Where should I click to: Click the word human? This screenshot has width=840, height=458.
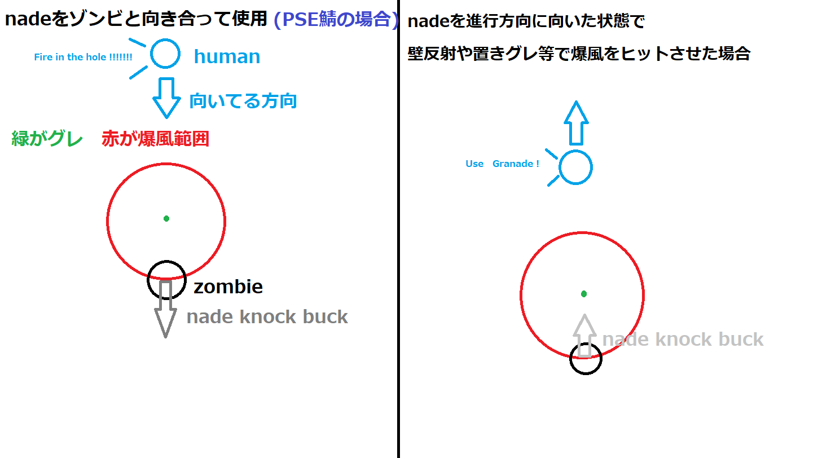(x=227, y=56)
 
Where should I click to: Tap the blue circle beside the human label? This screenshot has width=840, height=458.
(x=165, y=54)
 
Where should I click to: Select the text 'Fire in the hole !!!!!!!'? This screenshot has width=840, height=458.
(x=83, y=57)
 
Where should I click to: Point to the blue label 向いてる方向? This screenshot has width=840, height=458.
(x=243, y=101)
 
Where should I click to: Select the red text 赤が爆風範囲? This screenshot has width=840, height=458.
(x=155, y=139)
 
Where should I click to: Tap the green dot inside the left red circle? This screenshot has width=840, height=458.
(x=166, y=218)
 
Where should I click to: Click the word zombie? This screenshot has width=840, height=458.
(x=228, y=287)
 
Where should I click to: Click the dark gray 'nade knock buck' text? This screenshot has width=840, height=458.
(x=267, y=317)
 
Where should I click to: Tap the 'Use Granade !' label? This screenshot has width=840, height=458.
(x=502, y=164)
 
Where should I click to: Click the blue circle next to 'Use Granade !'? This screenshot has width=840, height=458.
(x=575, y=168)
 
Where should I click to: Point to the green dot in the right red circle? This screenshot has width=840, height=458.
(x=584, y=294)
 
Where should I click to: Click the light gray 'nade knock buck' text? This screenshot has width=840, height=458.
(x=683, y=340)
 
